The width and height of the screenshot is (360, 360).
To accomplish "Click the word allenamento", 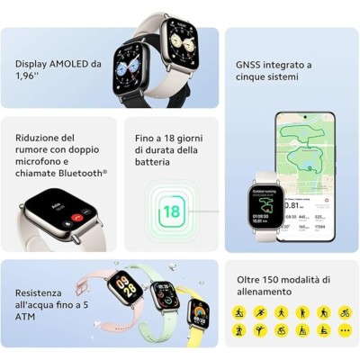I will (x=265, y=292).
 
